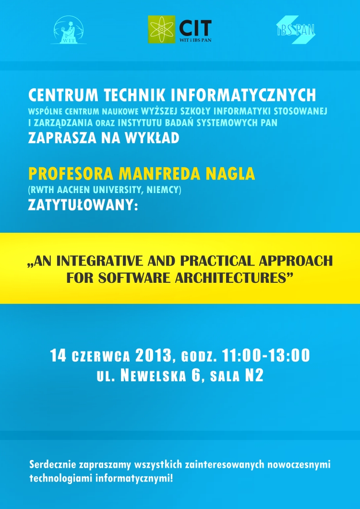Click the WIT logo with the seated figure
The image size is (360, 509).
coord(69,30)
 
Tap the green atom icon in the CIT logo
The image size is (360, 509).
coord(161,30)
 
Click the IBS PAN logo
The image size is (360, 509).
coord(295,30)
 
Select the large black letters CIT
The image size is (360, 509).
coord(195,28)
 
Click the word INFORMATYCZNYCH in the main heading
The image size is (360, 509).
coord(243,95)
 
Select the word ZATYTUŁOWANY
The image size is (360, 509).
coord(83,206)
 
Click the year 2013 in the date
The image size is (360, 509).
coord(154,355)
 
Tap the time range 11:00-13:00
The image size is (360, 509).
coord(266,355)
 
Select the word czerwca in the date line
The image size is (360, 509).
coord(101,357)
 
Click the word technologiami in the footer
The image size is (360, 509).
coord(60,478)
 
